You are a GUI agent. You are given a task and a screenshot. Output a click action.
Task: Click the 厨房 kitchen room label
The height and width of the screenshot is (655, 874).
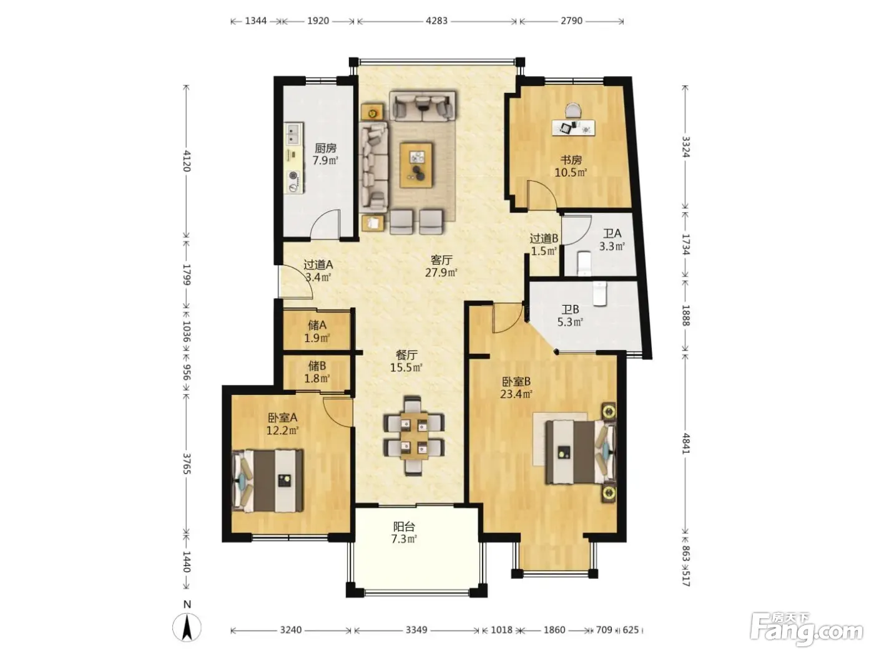[x=325, y=148]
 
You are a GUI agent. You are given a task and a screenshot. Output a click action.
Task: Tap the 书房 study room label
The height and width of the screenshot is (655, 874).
[x=571, y=160]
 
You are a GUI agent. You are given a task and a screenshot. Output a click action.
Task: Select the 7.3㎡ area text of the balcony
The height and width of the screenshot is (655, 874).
[x=404, y=539]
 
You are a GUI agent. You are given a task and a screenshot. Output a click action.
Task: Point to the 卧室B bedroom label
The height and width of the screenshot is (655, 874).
[x=516, y=381]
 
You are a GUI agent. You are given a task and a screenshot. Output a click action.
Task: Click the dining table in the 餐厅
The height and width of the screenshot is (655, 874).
[x=414, y=435]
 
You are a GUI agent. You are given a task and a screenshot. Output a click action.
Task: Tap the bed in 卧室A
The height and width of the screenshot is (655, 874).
[x=267, y=481]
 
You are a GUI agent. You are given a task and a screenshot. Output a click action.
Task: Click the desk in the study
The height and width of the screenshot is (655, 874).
[x=573, y=127]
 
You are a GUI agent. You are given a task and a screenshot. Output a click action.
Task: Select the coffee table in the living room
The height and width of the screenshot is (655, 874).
[x=416, y=165]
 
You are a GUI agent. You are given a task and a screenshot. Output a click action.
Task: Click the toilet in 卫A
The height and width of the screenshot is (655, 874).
[x=584, y=263]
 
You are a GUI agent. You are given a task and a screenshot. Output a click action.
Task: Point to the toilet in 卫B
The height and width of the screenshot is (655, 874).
[x=599, y=293]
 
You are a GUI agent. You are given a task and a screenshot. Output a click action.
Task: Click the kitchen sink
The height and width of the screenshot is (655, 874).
[x=293, y=133]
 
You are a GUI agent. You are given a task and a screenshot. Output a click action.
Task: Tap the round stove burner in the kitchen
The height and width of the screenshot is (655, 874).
[x=293, y=175]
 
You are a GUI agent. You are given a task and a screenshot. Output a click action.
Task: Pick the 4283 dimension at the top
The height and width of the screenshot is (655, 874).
[x=436, y=21]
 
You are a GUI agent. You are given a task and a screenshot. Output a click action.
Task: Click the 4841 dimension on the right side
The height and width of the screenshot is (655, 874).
[x=685, y=444]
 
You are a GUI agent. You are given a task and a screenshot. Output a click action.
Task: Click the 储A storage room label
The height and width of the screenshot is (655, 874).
[x=317, y=325]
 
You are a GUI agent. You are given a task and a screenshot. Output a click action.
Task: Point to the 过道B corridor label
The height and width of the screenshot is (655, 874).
[x=544, y=238]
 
